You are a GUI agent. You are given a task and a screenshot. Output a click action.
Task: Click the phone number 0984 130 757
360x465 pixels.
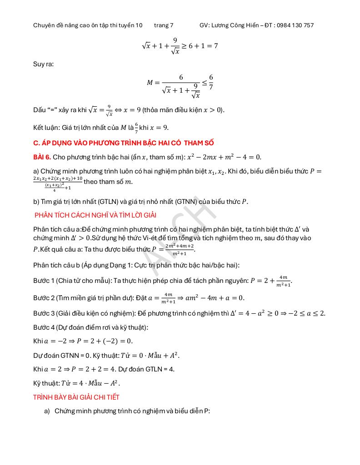point(295,25)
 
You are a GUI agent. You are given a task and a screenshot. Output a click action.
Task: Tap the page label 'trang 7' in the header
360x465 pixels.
point(164,25)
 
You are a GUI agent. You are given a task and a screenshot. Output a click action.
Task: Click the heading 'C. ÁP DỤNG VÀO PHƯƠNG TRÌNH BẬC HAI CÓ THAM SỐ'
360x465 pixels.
point(123,143)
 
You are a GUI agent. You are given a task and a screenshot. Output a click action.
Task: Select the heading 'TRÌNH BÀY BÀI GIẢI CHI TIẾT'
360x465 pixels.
point(76,397)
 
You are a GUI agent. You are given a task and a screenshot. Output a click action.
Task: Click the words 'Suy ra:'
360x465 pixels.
point(43,64)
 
